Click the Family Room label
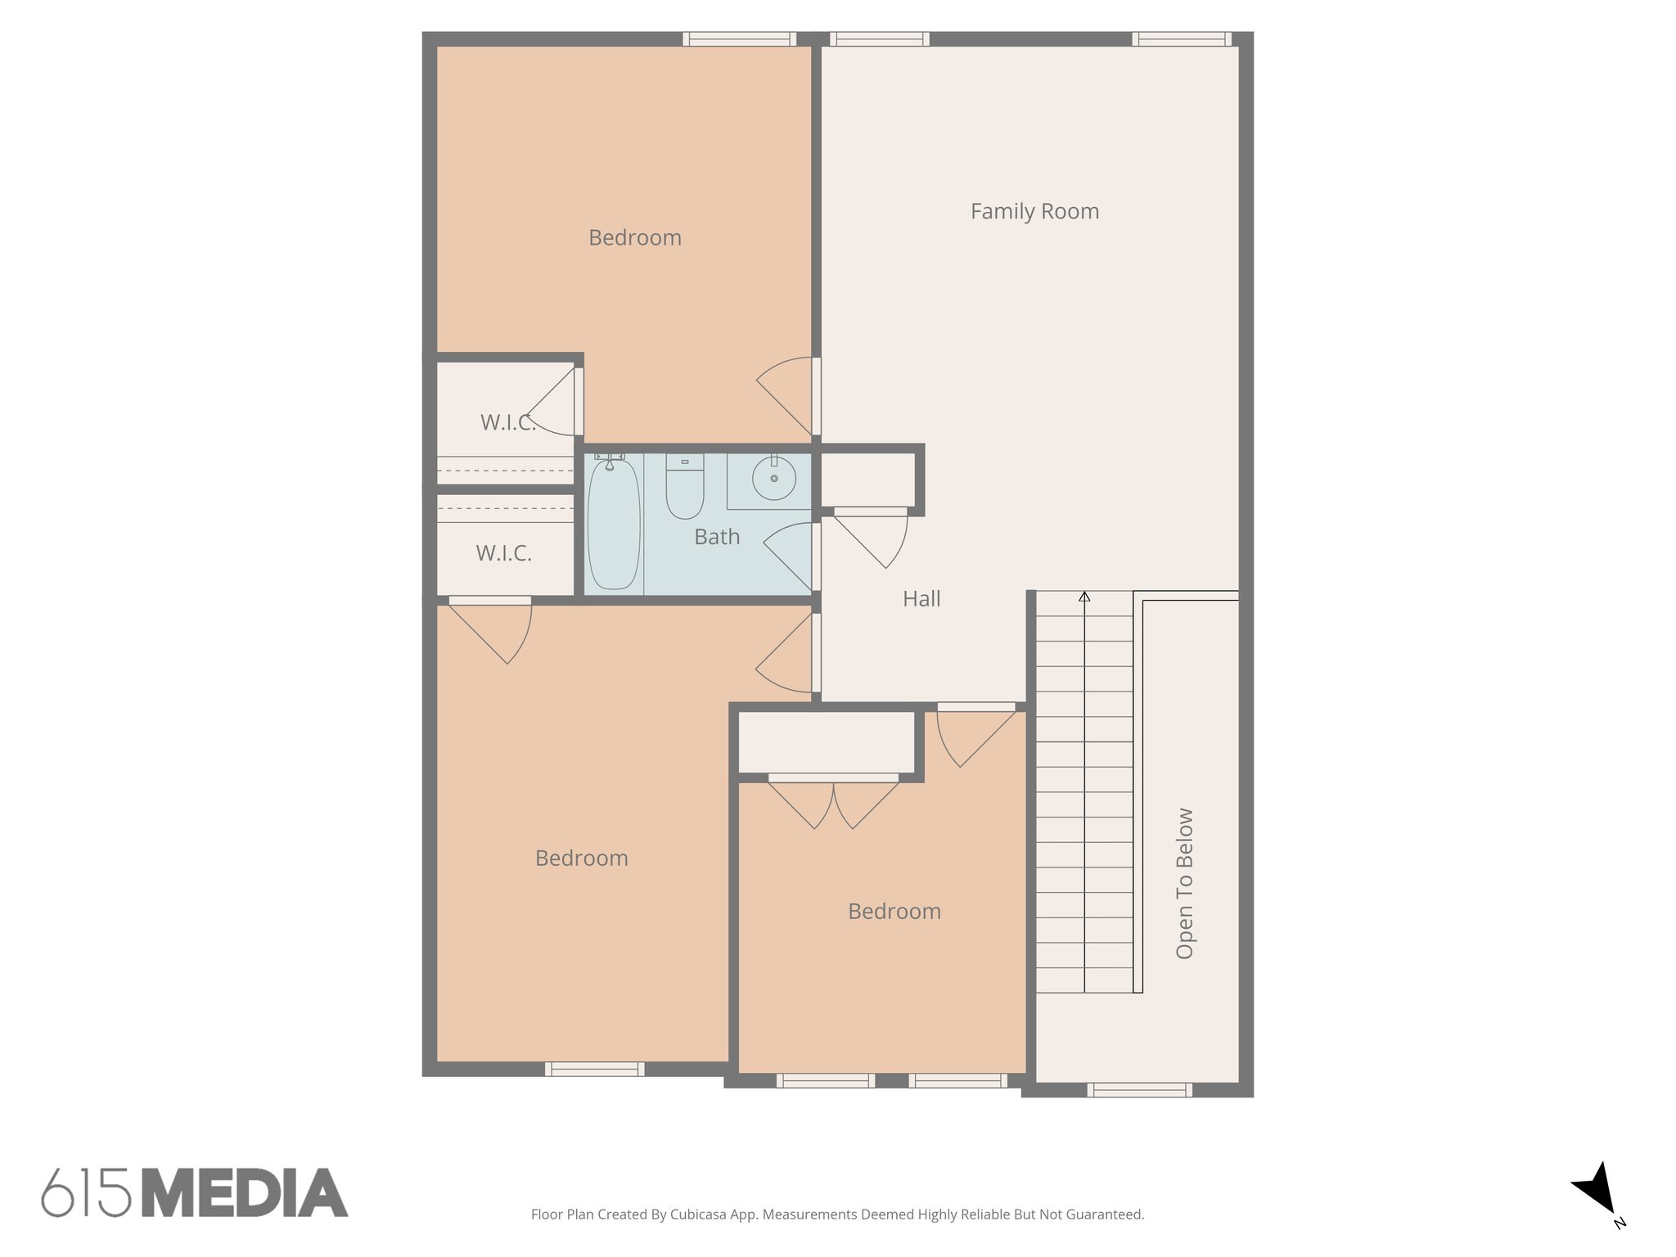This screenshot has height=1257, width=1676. click(x=1034, y=211)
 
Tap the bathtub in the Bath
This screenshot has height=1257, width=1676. click(x=613, y=524)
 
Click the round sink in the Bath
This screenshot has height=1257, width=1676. click(x=773, y=478)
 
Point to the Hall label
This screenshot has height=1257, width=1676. click(x=921, y=599)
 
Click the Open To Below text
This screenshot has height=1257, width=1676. click(x=1184, y=883)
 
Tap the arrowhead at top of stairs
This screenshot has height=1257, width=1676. click(x=1084, y=597)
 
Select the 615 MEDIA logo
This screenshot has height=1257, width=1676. click(x=195, y=1193)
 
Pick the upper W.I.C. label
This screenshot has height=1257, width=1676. click(x=507, y=422)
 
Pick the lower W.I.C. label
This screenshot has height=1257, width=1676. click(x=503, y=553)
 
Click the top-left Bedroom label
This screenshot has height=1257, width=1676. click(x=634, y=238)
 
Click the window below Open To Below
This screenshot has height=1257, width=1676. click(x=1139, y=1090)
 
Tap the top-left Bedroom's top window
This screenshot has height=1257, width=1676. click(x=739, y=38)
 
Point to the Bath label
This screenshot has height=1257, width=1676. click(x=717, y=537)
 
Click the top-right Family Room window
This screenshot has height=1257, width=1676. click(x=1182, y=38)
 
